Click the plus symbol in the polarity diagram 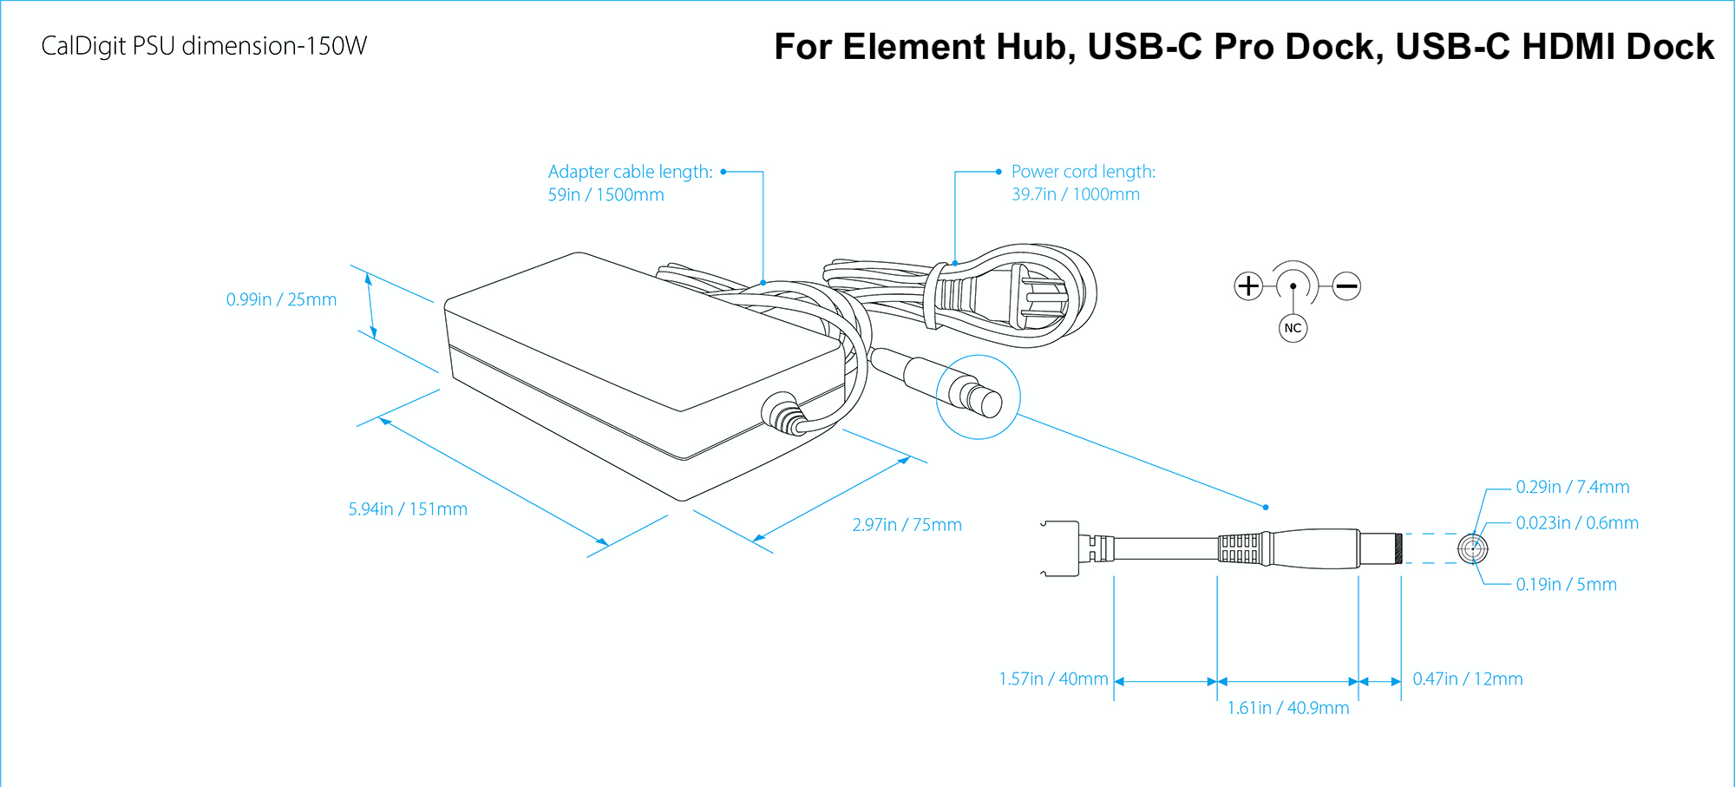click(x=1247, y=285)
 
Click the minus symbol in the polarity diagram click(x=1346, y=285)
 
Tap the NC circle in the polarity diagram click(x=1293, y=328)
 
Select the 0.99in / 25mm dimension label click(x=281, y=299)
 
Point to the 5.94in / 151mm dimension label click(x=408, y=509)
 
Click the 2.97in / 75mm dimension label click(x=907, y=525)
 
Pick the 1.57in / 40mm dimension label click(x=1053, y=679)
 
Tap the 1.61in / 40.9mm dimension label click(x=1287, y=708)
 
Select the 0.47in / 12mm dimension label click(x=1467, y=679)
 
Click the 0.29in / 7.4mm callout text click(x=1572, y=487)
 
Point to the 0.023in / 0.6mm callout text click(x=1576, y=522)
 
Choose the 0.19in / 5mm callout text click(x=1566, y=585)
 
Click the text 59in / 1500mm click(x=606, y=194)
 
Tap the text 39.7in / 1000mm click(x=1075, y=194)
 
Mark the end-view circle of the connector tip click(x=1472, y=548)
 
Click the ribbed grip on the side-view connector click(x=1238, y=548)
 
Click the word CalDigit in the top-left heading click(x=83, y=46)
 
